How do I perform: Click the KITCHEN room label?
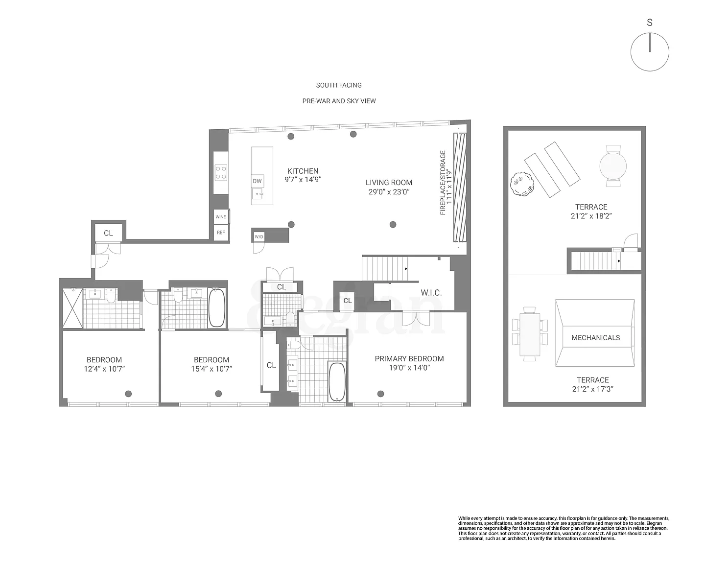303,171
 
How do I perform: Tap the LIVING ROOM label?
389,183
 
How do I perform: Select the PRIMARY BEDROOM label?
409,358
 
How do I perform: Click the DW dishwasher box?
257,181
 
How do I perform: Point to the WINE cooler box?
221,216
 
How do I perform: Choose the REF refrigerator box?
221,233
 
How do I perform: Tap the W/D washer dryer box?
259,236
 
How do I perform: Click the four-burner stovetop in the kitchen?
220,173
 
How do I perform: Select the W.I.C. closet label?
431,293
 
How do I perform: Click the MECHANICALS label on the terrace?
596,337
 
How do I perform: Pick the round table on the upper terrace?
613,166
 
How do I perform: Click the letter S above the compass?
650,23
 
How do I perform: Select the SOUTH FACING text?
339,85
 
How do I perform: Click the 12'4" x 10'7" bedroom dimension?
104,369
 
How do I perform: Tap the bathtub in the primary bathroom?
337,381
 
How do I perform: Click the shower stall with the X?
72,308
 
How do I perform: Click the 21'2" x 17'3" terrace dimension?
592,389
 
